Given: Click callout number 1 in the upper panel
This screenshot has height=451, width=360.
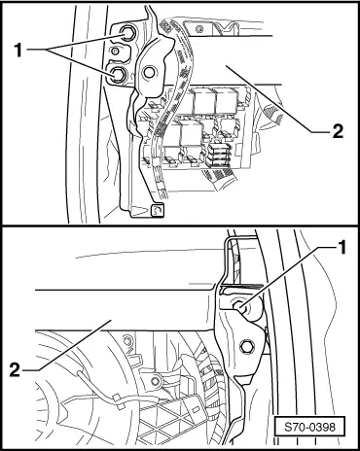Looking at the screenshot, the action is [18, 51].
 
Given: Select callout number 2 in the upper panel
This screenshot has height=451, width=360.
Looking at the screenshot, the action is [338, 131].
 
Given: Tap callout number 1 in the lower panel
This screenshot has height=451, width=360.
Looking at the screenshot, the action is [342, 248].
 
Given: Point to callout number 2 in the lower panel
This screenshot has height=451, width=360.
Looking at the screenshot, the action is [15, 369].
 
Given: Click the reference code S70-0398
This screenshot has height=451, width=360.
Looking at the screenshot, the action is [310, 428].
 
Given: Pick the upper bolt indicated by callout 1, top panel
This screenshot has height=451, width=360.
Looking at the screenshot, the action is [126, 32].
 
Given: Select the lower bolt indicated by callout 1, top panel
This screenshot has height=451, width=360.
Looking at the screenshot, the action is [117, 74].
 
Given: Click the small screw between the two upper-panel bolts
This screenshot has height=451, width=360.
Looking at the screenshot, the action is [115, 51].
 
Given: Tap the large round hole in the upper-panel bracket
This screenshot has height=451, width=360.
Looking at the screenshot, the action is [149, 72].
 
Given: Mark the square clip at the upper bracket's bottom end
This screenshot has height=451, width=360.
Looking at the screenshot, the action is [158, 210].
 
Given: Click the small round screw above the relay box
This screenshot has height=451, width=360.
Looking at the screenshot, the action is [198, 30].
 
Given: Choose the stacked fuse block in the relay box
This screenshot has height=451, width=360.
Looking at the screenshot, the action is [218, 155].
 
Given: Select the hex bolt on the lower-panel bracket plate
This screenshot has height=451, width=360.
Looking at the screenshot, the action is [247, 347].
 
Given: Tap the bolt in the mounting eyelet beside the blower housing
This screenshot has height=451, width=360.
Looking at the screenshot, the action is [156, 381].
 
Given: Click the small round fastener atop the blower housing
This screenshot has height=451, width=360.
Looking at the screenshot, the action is [127, 341].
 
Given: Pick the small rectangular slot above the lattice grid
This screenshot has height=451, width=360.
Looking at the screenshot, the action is [196, 409].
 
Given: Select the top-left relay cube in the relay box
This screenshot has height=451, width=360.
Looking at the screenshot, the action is [204, 101].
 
